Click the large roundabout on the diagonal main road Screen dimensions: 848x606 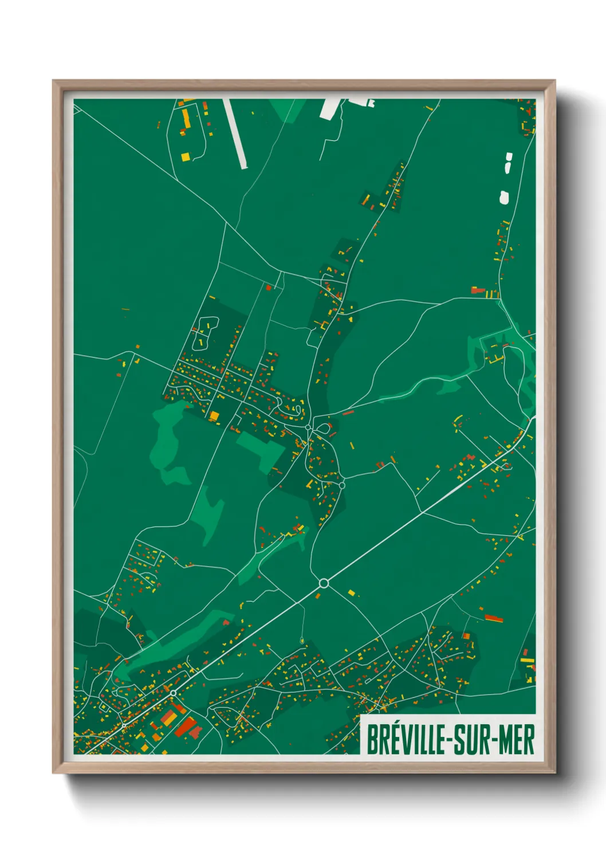click(x=324, y=583)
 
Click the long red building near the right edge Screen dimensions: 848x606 click(x=494, y=618)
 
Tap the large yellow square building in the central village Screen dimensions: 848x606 click(x=214, y=415)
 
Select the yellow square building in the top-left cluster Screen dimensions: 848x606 click(x=185, y=156)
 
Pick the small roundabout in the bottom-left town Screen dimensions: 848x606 click(x=173, y=693)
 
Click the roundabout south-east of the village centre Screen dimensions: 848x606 click(x=342, y=485)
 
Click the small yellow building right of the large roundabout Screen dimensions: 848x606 click(x=351, y=592)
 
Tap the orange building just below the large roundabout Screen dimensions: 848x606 click(x=318, y=596)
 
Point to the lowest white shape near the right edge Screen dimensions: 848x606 click(x=504, y=198)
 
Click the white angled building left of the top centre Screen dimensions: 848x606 click(x=330, y=108)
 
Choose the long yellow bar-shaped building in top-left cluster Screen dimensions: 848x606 click(x=186, y=119)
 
